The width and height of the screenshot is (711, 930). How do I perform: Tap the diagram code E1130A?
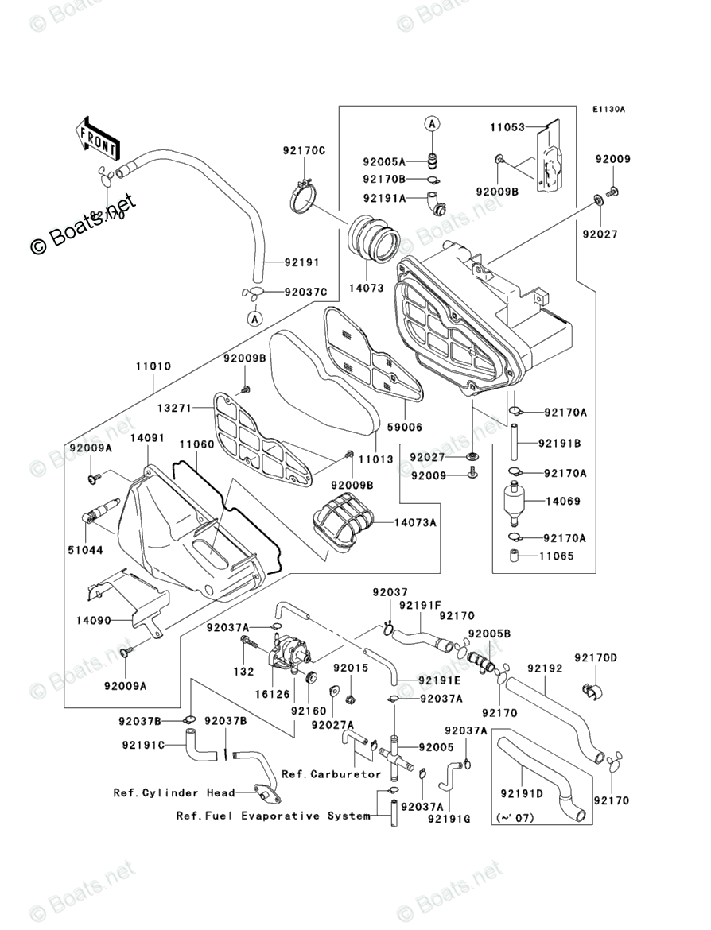(x=608, y=109)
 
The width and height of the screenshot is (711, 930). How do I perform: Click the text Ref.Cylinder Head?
(x=173, y=792)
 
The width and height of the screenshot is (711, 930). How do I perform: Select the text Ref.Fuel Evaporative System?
(x=273, y=816)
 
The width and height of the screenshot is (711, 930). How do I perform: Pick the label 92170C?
(x=303, y=150)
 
